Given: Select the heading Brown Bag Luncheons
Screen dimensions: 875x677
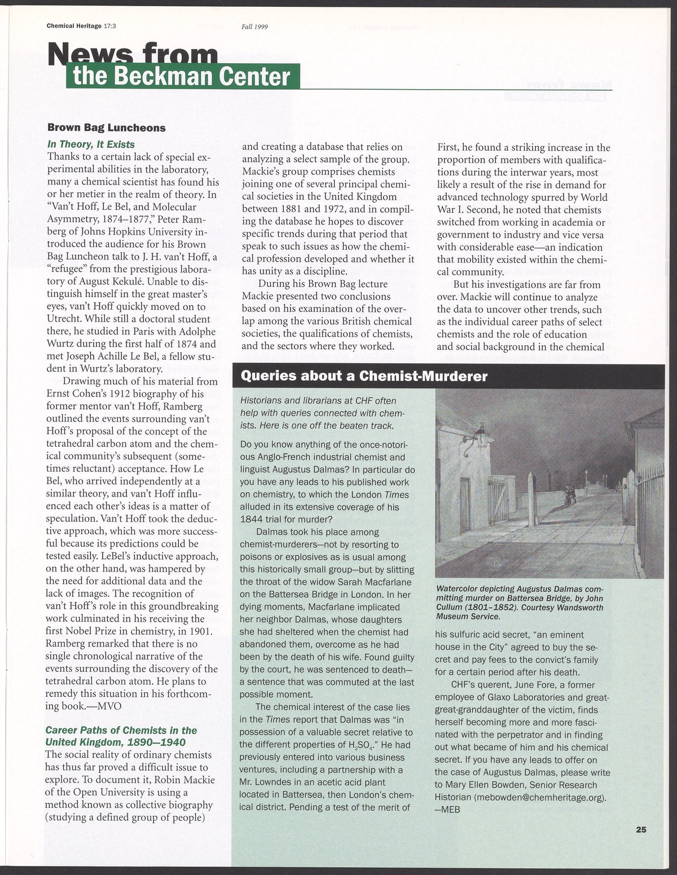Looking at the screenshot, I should coord(106,127).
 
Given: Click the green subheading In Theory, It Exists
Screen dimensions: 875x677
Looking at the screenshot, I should coord(91,144).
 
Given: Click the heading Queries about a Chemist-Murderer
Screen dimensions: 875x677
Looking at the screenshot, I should coord(364,376).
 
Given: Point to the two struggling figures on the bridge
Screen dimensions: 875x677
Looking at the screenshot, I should coord(571,494).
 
